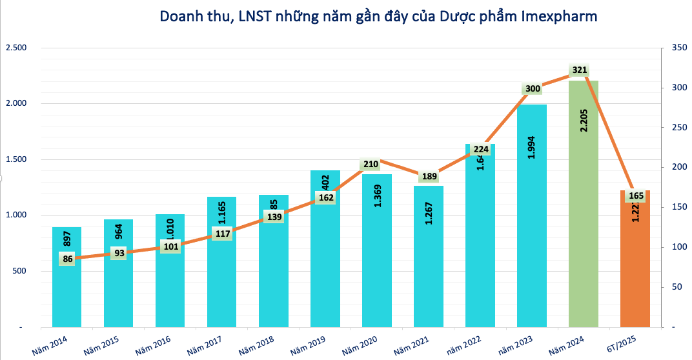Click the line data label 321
[579, 70]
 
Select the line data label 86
[67, 259]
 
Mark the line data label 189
[428, 176]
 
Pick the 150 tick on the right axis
[678, 208]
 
